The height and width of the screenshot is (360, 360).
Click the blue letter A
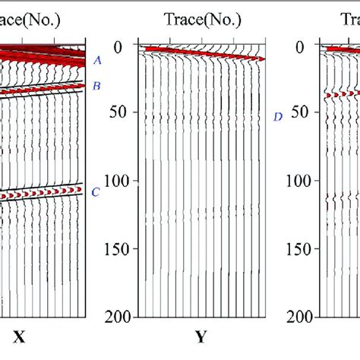click(x=96, y=60)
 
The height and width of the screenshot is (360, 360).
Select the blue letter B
click(x=96, y=86)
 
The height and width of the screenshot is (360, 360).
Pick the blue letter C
click(x=95, y=191)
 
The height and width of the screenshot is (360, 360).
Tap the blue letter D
click(x=278, y=116)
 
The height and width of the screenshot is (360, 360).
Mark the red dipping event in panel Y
click(x=205, y=53)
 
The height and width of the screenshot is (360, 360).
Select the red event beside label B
click(x=38, y=90)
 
